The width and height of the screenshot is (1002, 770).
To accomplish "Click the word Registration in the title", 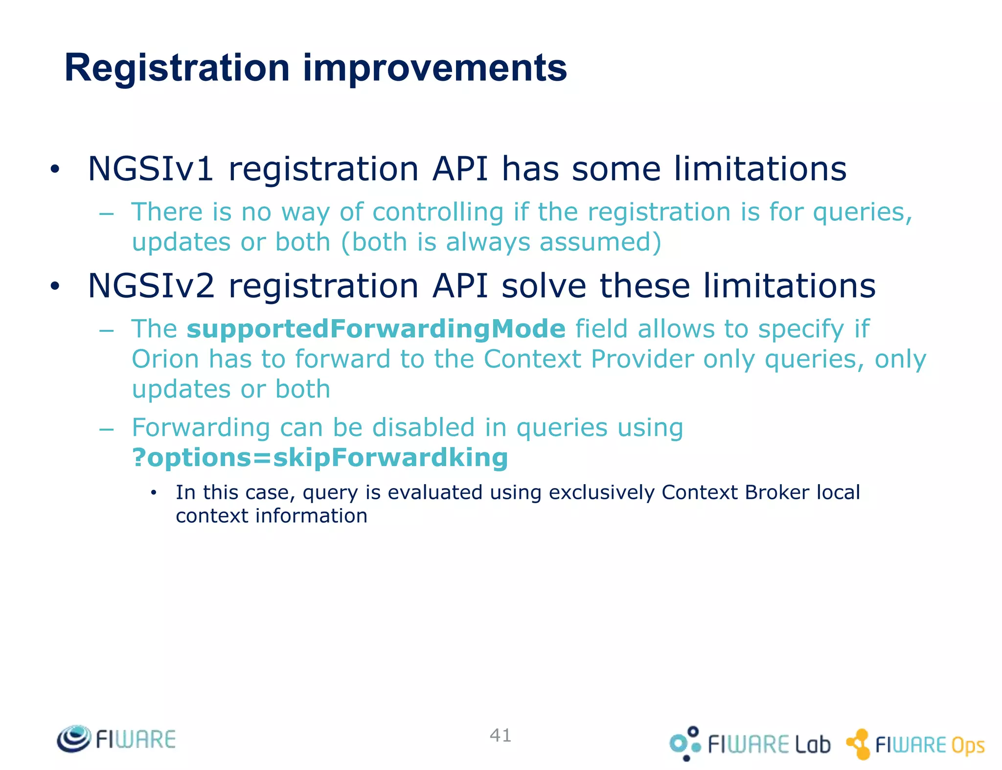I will coord(177,68).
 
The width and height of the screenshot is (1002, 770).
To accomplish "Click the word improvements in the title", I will coord(434,68).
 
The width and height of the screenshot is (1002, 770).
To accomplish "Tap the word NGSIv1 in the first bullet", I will coord(150,169).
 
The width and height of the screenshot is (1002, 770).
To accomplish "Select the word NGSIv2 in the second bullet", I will coord(151,286).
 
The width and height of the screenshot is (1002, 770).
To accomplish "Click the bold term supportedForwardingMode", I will coord(376,328).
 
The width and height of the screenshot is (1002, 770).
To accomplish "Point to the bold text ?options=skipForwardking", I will coord(320,458).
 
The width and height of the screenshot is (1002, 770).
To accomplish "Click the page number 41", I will coord(501,735).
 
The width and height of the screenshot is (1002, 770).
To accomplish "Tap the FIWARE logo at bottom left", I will coord(116,739).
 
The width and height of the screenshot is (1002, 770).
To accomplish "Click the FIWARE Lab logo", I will coord(750,744).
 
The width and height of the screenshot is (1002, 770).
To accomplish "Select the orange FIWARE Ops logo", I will coord(915,744).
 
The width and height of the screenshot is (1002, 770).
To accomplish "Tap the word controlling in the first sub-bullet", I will coord(437,212).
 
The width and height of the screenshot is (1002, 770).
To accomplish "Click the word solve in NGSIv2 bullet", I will coord(544,286).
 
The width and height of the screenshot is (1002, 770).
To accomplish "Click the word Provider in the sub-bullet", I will coord(642,359).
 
